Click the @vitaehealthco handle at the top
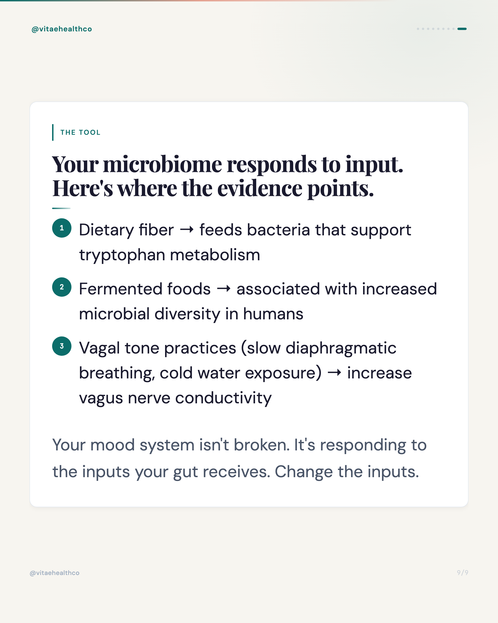(x=62, y=29)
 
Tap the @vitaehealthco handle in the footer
(x=55, y=573)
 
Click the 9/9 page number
(x=462, y=572)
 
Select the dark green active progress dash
(x=462, y=29)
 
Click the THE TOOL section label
(x=80, y=132)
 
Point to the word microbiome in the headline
(x=163, y=165)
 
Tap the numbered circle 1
(x=62, y=228)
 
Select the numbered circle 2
(x=62, y=287)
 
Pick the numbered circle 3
(x=62, y=346)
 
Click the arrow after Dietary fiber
(x=187, y=230)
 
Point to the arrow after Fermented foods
(x=224, y=289)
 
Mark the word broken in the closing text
(x=261, y=445)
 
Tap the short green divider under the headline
(x=61, y=208)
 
